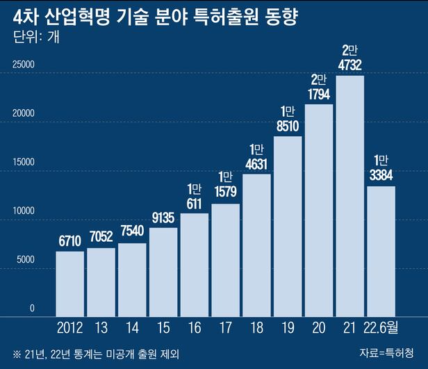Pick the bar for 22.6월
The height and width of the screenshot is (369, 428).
381,250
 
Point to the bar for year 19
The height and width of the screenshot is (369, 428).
288,225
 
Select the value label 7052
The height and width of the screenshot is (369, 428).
101,236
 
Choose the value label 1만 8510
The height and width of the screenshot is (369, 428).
288,119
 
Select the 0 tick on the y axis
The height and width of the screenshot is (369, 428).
31,308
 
